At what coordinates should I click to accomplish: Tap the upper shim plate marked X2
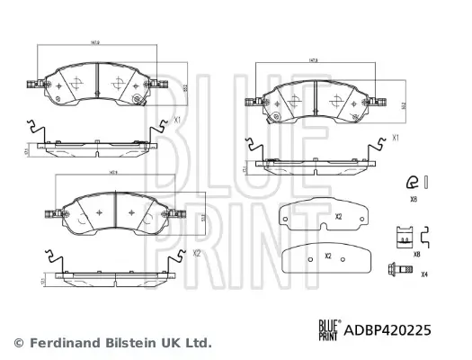click(x=325, y=216)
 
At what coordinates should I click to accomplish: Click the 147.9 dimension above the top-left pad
click(x=94, y=41)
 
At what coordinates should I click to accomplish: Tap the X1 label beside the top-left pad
click(x=177, y=119)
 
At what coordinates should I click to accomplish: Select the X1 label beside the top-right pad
click(x=396, y=139)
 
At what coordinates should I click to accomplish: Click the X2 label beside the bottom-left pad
click(x=196, y=255)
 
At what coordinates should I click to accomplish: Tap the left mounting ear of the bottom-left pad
click(x=51, y=214)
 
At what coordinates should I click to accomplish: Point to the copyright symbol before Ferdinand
click(x=19, y=343)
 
